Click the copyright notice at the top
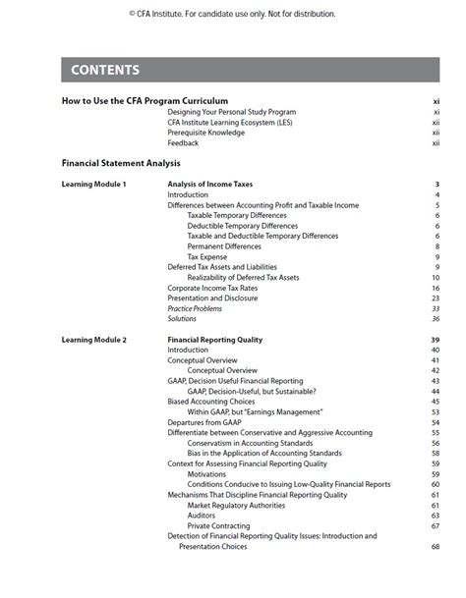(232, 14)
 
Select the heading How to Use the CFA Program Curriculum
(145, 101)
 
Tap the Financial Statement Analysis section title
(121, 163)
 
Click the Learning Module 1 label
(94, 185)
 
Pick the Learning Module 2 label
(94, 340)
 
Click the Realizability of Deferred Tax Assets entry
(243, 278)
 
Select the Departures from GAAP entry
(204, 422)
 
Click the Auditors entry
(203, 516)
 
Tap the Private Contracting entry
(218, 525)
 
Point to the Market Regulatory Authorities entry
(238, 505)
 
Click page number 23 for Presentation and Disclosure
(435, 299)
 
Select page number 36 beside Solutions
(435, 319)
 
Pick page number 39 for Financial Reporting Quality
(435, 340)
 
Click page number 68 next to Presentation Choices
(435, 547)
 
